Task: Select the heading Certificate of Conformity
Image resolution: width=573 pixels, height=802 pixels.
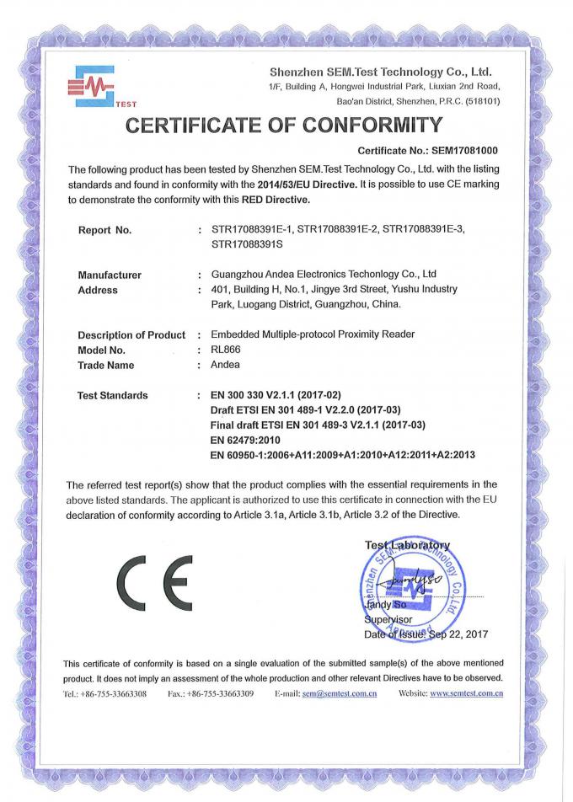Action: point(284,126)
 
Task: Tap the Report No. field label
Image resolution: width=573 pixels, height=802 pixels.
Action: point(105,230)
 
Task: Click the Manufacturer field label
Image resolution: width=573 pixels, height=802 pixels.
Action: point(110,275)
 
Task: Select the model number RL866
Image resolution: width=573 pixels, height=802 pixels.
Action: point(225,350)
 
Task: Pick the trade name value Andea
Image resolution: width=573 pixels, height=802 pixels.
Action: point(225,365)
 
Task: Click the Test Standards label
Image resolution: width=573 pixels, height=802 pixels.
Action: point(113,395)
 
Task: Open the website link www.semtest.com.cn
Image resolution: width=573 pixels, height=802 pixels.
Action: point(466,693)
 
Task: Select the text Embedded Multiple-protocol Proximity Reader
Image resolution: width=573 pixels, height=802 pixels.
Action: point(312,334)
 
